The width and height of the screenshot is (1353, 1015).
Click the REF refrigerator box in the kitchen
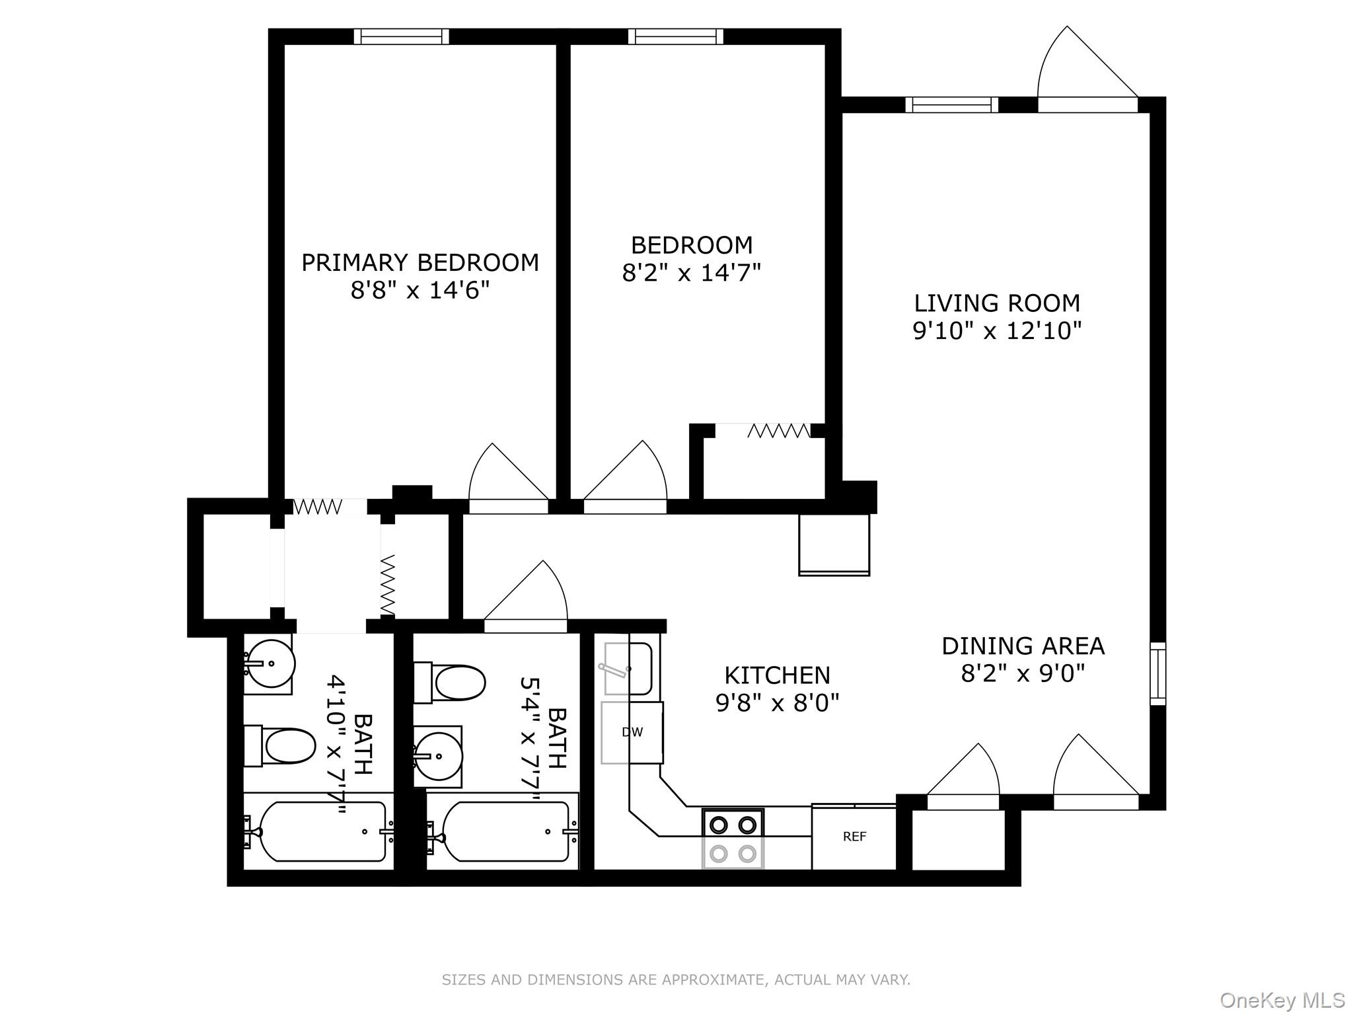click(854, 837)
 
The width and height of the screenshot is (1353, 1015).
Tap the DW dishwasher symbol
click(632, 732)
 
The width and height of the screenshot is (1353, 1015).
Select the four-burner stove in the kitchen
click(733, 839)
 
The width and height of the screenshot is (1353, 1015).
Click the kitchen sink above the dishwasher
click(629, 669)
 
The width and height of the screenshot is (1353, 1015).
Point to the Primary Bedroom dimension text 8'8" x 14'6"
click(420, 290)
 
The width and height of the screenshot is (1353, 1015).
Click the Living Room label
click(997, 303)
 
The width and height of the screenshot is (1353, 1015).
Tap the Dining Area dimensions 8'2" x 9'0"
click(1023, 673)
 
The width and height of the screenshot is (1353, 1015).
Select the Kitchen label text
click(777, 675)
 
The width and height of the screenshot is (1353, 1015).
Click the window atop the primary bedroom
click(401, 36)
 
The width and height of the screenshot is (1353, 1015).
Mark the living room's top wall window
click(951, 104)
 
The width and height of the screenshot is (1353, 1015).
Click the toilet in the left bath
click(281, 746)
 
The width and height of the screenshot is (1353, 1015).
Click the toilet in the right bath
click(451, 683)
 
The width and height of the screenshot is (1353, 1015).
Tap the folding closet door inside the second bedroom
click(778, 432)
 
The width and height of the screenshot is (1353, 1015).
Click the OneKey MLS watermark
click(1282, 1000)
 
